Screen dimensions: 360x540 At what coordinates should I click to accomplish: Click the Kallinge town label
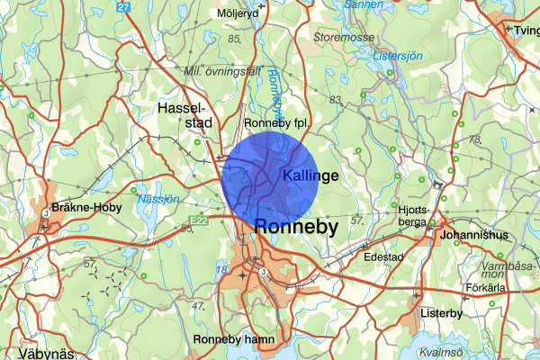tap(310, 175)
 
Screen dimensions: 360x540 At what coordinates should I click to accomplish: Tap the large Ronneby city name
tap(297, 227)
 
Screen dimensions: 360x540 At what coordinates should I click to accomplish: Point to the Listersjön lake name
tap(396, 56)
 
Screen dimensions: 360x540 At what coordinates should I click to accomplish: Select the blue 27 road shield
tap(123, 7)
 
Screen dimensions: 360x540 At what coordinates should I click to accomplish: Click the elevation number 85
tap(235, 40)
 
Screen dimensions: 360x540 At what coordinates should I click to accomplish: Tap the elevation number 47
tap(198, 306)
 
